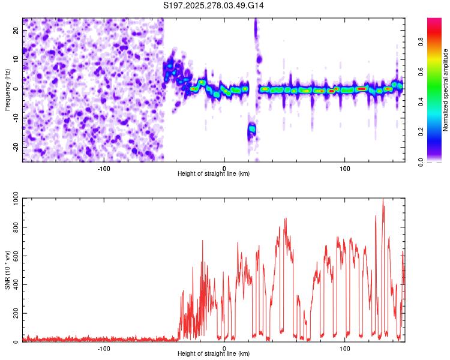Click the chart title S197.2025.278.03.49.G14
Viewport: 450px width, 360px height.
click(x=214, y=6)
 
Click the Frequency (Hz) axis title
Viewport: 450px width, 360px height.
click(x=7, y=89)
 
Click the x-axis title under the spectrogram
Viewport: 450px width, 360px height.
click(x=214, y=173)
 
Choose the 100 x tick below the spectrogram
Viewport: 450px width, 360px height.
click(x=345, y=167)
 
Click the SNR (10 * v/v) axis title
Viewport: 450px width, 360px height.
click(x=7, y=269)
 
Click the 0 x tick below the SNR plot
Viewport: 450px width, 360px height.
click(x=224, y=348)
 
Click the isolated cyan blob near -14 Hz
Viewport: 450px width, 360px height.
click(x=252, y=129)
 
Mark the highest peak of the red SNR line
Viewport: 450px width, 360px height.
click(x=383, y=200)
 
